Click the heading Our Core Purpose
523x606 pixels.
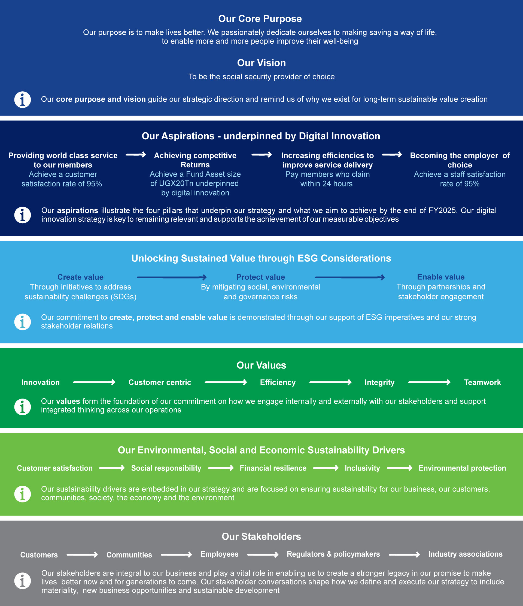click(x=260, y=19)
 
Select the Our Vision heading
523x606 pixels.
click(x=261, y=63)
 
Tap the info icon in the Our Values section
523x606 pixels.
click(x=23, y=406)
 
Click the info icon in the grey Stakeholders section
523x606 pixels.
click(x=23, y=581)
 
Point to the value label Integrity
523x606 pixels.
click(x=379, y=382)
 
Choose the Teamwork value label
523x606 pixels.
click(x=482, y=382)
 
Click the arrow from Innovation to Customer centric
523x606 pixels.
click(x=94, y=382)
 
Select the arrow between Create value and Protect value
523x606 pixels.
click(x=172, y=277)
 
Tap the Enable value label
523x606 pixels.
click(x=441, y=277)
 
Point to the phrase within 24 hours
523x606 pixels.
click(x=326, y=184)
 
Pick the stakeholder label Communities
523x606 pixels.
click(x=129, y=555)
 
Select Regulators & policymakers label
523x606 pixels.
click(x=333, y=554)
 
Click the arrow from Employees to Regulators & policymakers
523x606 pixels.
click(x=263, y=554)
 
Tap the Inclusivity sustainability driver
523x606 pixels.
click(x=362, y=468)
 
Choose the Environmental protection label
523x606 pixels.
click(x=462, y=468)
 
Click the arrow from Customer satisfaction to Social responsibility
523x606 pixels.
click(x=112, y=468)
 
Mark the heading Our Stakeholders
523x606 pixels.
click(x=261, y=536)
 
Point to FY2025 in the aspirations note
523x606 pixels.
click(x=442, y=210)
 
